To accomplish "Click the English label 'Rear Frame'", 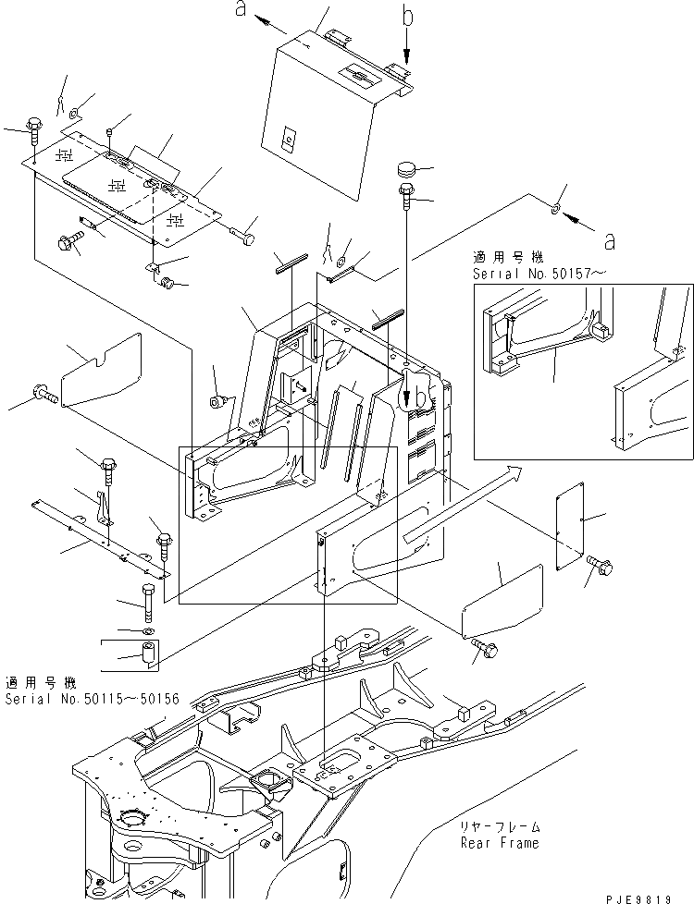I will (x=501, y=843).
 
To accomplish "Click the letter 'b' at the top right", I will (x=407, y=16).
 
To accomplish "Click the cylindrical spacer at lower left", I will (x=148, y=654).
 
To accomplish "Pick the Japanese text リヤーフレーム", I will (x=500, y=827).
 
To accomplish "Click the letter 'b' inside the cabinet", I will (x=423, y=396).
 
